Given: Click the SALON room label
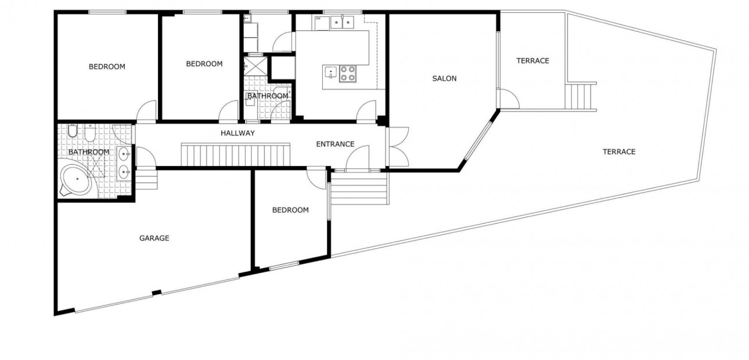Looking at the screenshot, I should point(444,78).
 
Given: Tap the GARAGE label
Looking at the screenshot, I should point(154,238).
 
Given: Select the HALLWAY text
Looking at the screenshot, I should point(237,133).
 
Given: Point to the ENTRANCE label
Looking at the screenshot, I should point(335,144).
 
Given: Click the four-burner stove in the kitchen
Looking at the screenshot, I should point(347,73).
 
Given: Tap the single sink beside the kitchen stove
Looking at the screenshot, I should point(330,73).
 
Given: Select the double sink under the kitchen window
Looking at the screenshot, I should point(342,23).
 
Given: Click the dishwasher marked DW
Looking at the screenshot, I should point(321,22).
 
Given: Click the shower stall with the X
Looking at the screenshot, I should point(256,65).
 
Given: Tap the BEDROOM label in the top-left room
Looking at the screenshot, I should point(107,67).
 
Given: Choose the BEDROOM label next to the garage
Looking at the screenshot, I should point(290,210).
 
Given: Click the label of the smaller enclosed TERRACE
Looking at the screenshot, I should point(532,61).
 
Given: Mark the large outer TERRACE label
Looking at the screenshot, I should point(619,152).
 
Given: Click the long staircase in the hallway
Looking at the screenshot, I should point(236,155).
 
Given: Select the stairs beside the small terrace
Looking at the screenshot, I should point(581,96).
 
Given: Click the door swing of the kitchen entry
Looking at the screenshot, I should point(367,111).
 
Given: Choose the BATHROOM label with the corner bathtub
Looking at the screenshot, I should point(89,152).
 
